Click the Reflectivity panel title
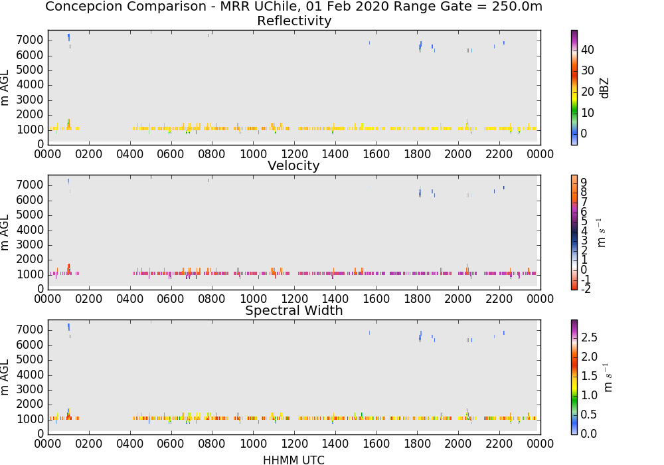294,21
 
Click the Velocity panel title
293,165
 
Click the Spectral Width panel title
294,310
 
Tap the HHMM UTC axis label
293,460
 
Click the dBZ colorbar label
604,88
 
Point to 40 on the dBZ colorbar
588,50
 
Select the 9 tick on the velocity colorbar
584,182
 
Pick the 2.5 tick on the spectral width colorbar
589,337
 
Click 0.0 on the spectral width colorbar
589,433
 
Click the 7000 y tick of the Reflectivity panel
30,41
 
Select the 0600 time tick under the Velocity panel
171,298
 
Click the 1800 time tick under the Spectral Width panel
418,443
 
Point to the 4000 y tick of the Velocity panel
30,230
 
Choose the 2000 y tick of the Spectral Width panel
30,404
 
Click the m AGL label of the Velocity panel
5,232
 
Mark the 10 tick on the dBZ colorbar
588,113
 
